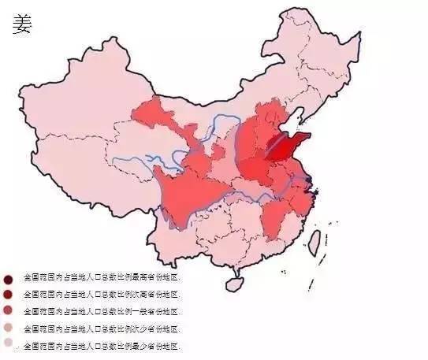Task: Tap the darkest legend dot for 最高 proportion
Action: click(9, 279)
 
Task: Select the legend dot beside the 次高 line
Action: click(9, 295)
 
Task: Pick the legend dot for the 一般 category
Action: click(9, 311)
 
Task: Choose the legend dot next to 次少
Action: click(9, 328)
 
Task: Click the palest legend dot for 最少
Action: click(9, 344)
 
